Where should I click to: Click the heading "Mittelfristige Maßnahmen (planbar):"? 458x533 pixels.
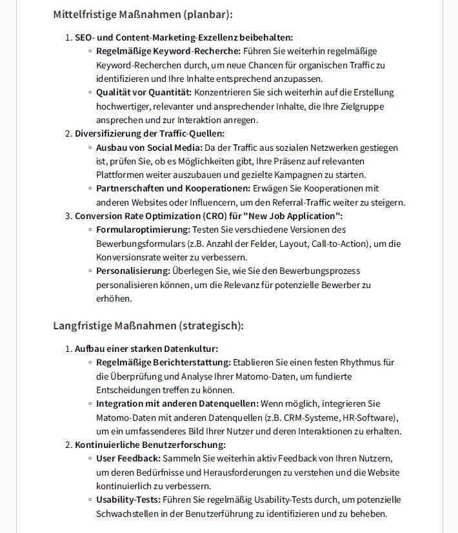(x=143, y=14)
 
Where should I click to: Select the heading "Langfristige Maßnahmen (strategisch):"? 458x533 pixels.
(x=148, y=325)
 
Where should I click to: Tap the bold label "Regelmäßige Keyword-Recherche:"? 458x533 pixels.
(x=168, y=51)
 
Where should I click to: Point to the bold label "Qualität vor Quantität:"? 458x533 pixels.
(x=144, y=92)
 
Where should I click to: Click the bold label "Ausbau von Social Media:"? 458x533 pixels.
(x=149, y=148)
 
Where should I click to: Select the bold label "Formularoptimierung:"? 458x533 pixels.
(x=143, y=229)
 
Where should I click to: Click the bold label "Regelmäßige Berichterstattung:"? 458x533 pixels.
(x=163, y=362)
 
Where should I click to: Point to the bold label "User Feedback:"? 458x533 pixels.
(x=128, y=458)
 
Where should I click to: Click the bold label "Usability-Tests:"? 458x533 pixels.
(x=129, y=499)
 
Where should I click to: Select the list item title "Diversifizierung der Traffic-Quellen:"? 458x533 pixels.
(x=150, y=133)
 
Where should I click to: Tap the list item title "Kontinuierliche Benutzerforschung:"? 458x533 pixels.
(x=150, y=445)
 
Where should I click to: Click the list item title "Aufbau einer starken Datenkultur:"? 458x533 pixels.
(x=146, y=349)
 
